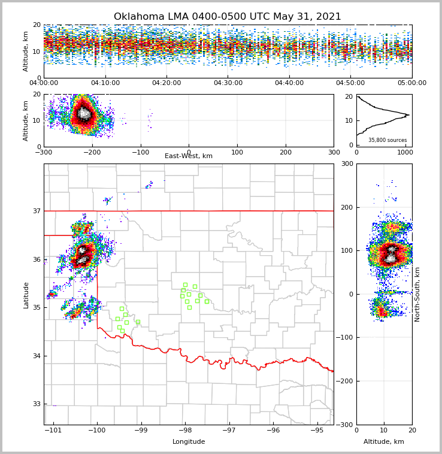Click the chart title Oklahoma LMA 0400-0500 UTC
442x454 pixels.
[228, 17]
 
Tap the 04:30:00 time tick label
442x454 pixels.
[228, 83]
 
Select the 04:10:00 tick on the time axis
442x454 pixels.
[105, 83]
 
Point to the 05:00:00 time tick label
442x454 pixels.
[412, 83]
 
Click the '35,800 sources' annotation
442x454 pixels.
[387, 140]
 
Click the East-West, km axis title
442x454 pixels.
[189, 156]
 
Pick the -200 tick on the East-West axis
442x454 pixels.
[92, 152]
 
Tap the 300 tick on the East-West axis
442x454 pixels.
[334, 152]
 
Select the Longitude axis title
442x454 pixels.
[189, 442]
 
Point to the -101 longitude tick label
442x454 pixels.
[53, 431]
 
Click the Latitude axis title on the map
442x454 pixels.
[26, 295]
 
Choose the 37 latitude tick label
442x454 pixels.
[36, 211]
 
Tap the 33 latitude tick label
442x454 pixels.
[36, 404]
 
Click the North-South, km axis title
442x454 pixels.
[417, 295]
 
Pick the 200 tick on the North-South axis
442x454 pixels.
[346, 207]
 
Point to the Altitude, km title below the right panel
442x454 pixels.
[384, 442]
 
